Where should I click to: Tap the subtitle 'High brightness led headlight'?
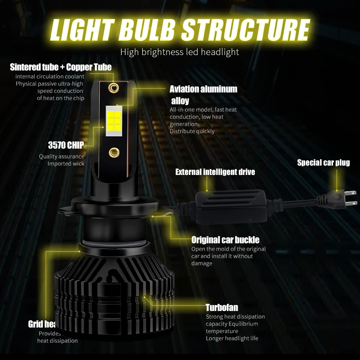pos(180,52)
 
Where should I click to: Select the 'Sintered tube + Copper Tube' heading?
pos(61,67)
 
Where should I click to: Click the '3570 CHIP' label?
pos(66,145)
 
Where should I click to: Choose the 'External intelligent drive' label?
pos(215,172)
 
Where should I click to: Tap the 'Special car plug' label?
pos(323,163)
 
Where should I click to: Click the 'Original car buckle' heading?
pos(225,240)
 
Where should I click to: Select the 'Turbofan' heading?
pos(222,307)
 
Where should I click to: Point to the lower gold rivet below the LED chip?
pos(114,153)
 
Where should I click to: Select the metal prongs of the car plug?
pos(348,199)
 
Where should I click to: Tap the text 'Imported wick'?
pos(66,164)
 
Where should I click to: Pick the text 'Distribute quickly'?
pos(192,131)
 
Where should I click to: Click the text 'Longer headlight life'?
pos(232,338)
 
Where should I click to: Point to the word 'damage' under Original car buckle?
pos(202,264)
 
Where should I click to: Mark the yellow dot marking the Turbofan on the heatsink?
pos(144,297)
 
